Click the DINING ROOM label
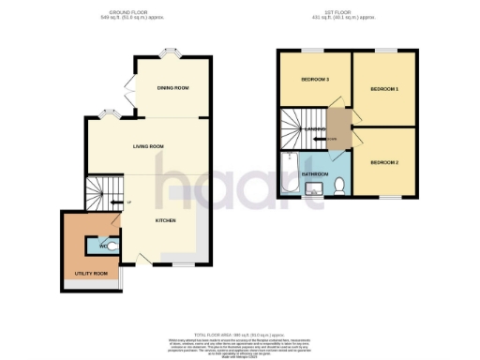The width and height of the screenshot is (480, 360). [x=174, y=88]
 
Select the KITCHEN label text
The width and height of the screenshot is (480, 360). [x=165, y=221]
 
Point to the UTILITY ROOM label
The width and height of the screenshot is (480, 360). [x=91, y=273]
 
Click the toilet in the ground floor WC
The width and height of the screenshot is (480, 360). [x=112, y=247]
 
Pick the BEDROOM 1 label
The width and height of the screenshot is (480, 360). [x=384, y=89]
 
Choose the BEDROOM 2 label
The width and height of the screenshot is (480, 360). [x=384, y=163]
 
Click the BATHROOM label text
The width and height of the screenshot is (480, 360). [x=314, y=174]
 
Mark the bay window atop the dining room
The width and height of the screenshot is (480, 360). [x=172, y=53]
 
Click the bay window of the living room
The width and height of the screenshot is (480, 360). [x=109, y=115]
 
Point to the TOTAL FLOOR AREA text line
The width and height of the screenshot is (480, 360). [x=239, y=334]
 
